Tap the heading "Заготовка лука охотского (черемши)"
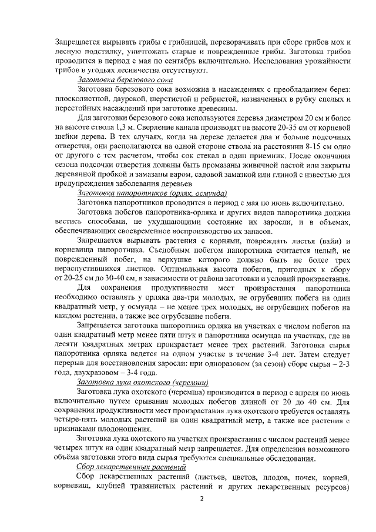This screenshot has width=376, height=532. point(145,382)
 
